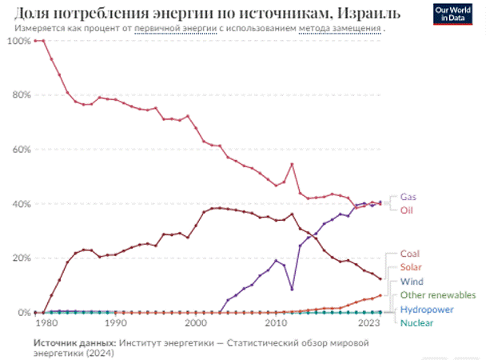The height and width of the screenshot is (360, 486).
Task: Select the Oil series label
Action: tap(406, 210)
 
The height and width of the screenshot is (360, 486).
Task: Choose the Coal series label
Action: tap(409, 254)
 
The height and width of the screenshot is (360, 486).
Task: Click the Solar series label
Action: tap(411, 268)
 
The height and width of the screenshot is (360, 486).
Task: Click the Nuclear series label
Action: tap(417, 322)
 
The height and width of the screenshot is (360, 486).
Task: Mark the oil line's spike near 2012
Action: tap(293, 164)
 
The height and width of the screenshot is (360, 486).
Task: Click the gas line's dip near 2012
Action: tap(293, 289)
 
